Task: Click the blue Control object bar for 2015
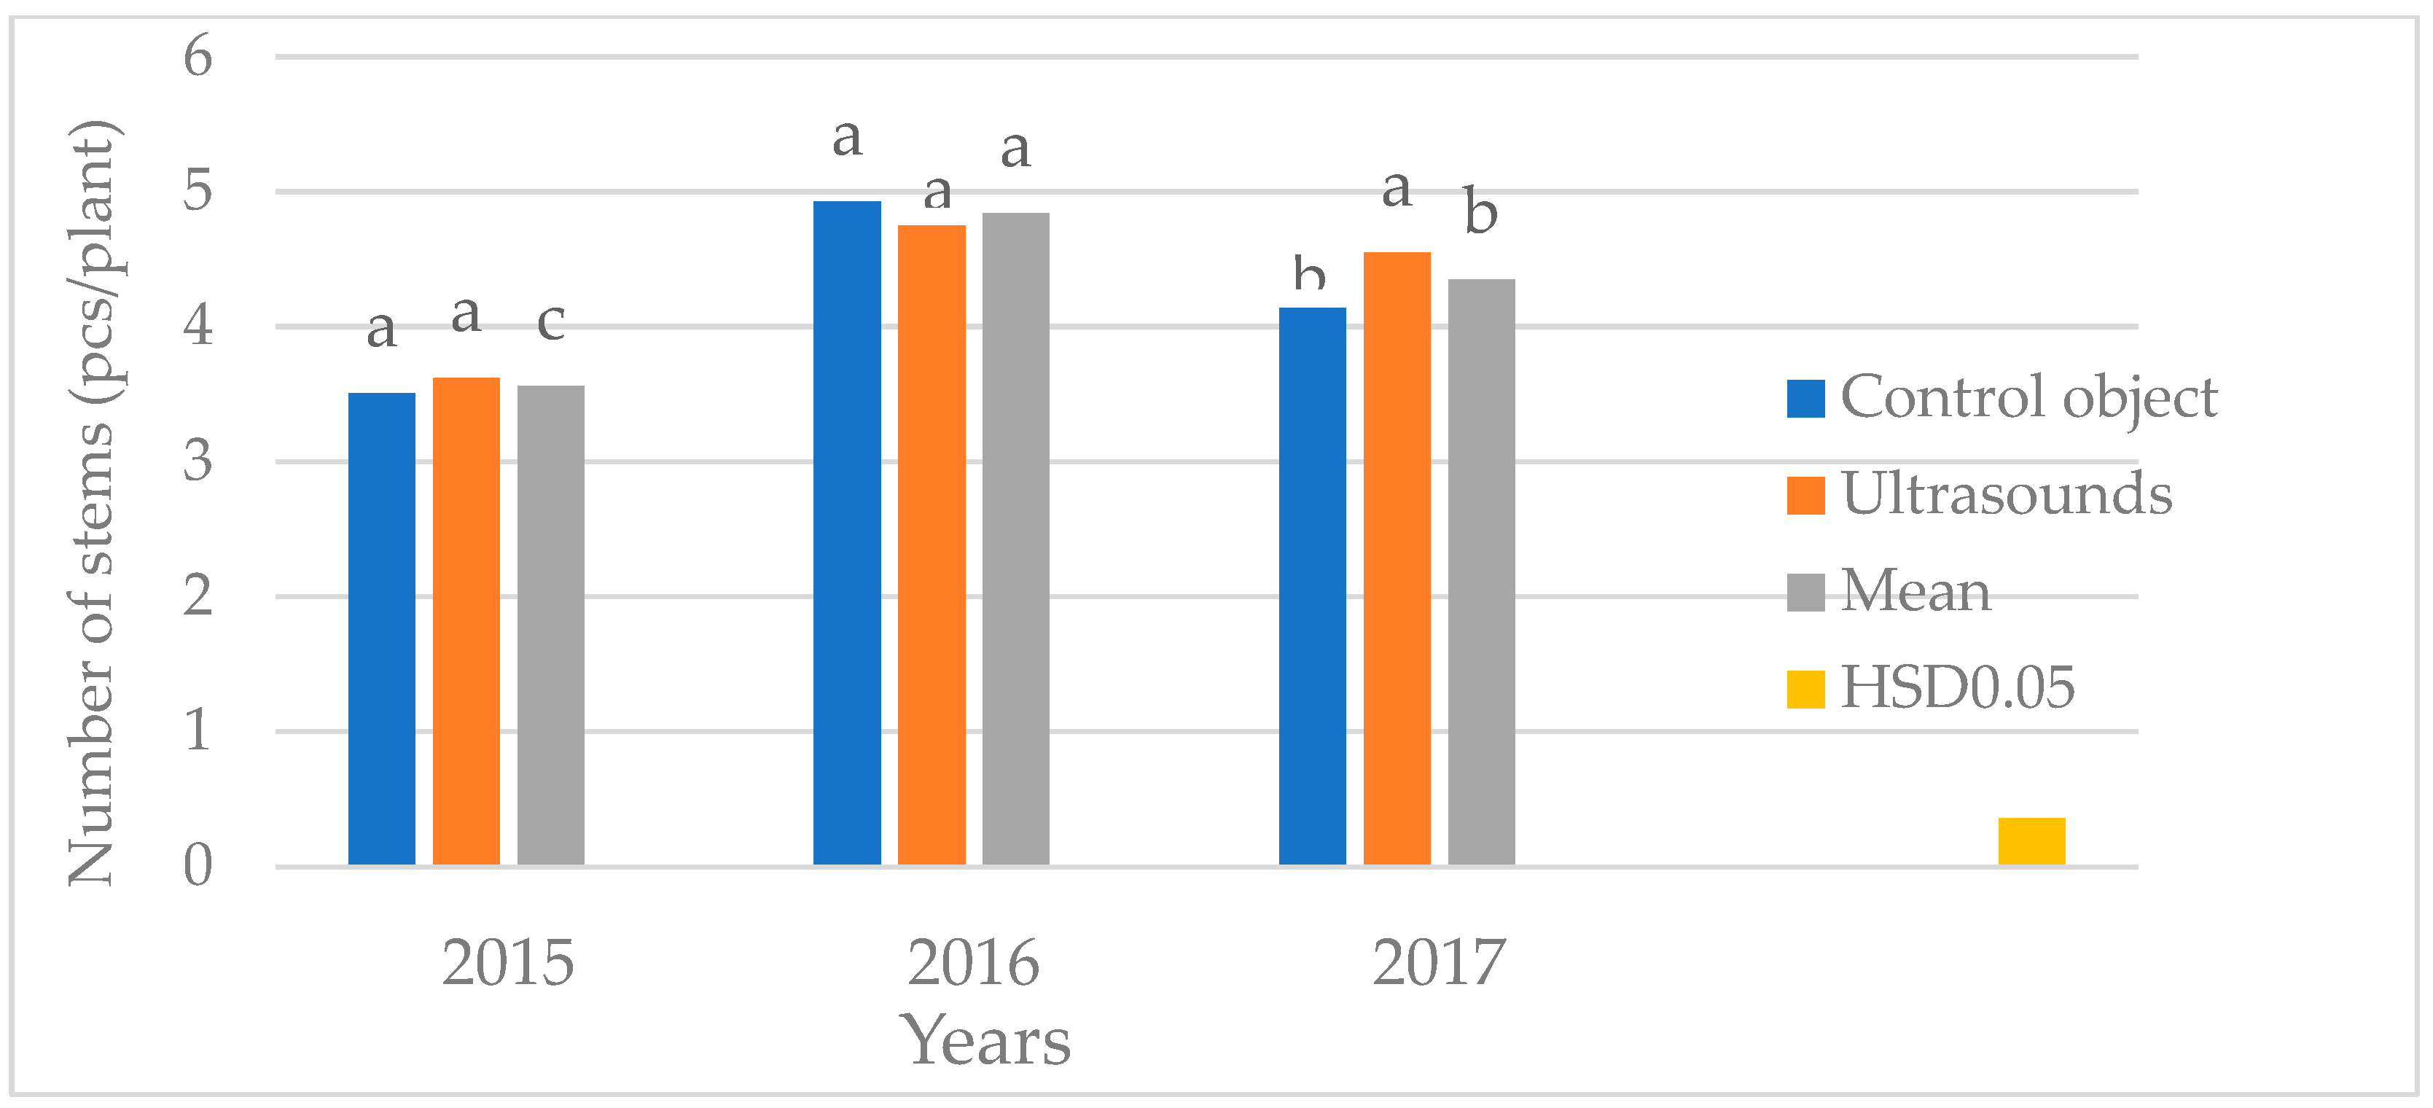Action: tap(382, 628)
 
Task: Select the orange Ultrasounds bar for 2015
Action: tap(466, 620)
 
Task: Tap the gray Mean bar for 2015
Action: tap(550, 625)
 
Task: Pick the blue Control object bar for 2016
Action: tap(846, 533)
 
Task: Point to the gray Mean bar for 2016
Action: tap(1015, 539)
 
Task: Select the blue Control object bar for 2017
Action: tap(1312, 585)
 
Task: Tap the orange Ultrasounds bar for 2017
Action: tap(1397, 558)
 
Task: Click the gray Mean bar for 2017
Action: tap(1481, 571)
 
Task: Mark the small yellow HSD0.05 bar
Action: tap(2031, 840)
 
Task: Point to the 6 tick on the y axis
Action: tap(198, 57)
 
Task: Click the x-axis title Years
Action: tap(988, 1041)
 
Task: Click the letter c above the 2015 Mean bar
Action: tap(550, 322)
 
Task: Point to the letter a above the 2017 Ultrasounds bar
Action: tap(1397, 189)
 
